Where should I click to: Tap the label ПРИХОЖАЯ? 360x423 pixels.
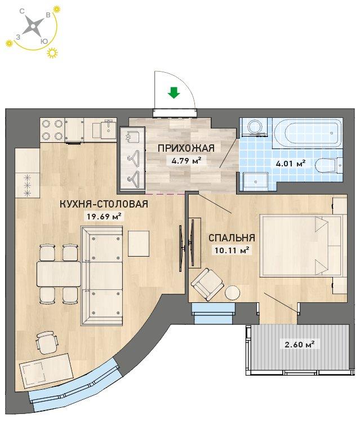pyautogui.click(x=186, y=148)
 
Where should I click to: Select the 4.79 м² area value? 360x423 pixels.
pyautogui.click(x=186, y=161)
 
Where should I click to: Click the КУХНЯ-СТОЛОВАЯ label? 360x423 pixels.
pyautogui.click(x=104, y=204)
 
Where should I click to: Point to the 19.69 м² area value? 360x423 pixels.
pyautogui.click(x=104, y=216)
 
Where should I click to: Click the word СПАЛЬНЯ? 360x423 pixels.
pyautogui.click(x=232, y=237)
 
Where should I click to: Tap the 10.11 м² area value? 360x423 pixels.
pyautogui.click(x=232, y=250)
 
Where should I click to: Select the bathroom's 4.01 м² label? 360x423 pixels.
pyautogui.click(x=291, y=163)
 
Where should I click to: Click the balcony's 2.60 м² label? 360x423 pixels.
pyautogui.click(x=300, y=344)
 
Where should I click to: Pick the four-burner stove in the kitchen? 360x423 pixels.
pyautogui.click(x=52, y=130)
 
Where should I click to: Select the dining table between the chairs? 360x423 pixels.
pyautogui.click(x=59, y=274)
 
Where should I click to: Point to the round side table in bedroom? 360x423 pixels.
pyautogui.click(x=233, y=292)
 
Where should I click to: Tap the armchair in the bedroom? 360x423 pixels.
pyautogui.click(x=207, y=284)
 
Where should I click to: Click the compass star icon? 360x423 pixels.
pyautogui.click(x=33, y=27)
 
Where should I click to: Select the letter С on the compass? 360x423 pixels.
pyautogui.click(x=23, y=11)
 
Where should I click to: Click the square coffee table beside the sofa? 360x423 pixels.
pyautogui.click(x=139, y=244)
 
